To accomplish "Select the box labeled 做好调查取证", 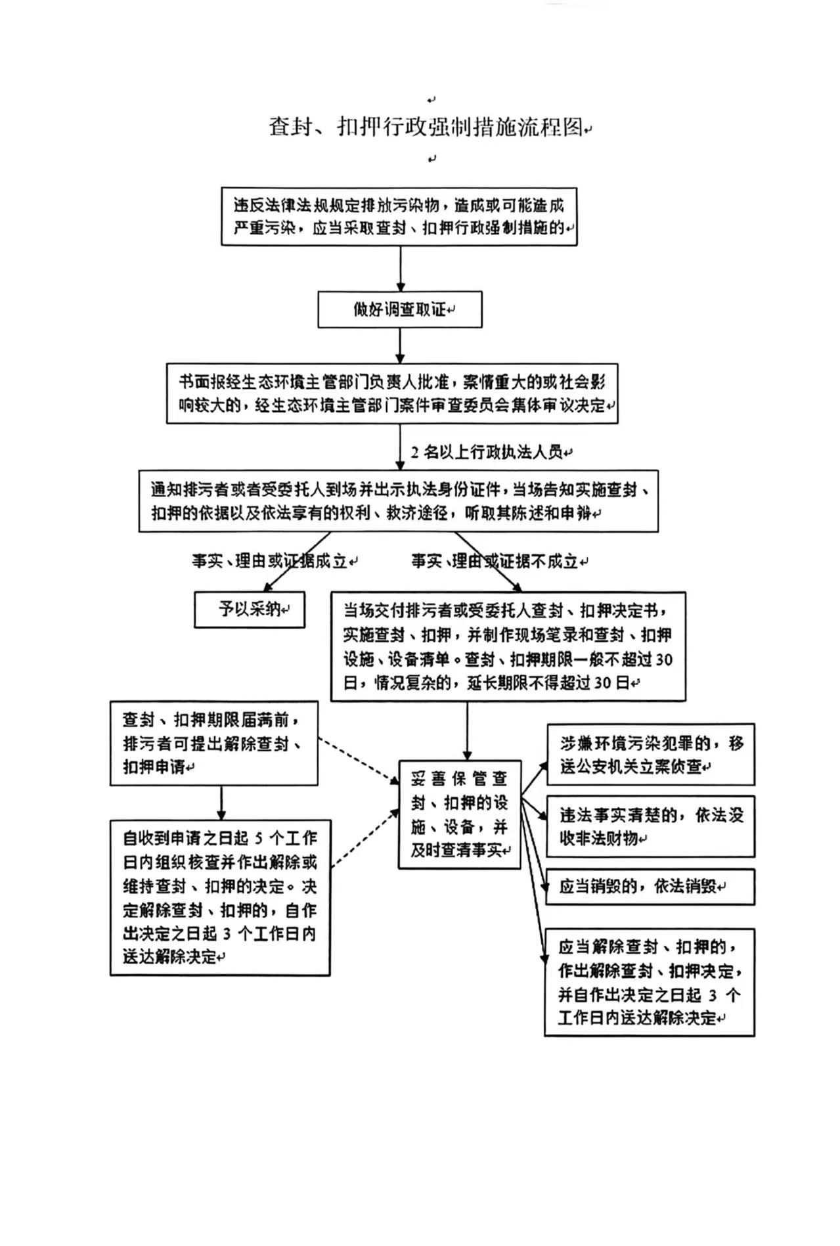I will click(399, 309).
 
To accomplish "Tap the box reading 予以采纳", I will click(250, 610).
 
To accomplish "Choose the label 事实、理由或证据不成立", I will click(496, 561).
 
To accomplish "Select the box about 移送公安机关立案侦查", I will click(650, 754).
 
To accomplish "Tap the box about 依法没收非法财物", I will click(650, 826).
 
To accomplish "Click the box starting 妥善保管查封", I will click(459, 814).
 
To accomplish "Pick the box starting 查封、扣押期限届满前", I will click(213, 743).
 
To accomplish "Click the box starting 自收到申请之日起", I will click(219, 897).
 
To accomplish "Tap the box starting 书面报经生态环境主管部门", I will click(392, 393).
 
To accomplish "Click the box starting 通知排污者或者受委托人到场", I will click(398, 501).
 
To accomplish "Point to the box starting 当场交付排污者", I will click(508, 646).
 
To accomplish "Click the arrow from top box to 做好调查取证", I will click(400, 269).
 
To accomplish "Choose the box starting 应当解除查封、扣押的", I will click(649, 982).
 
